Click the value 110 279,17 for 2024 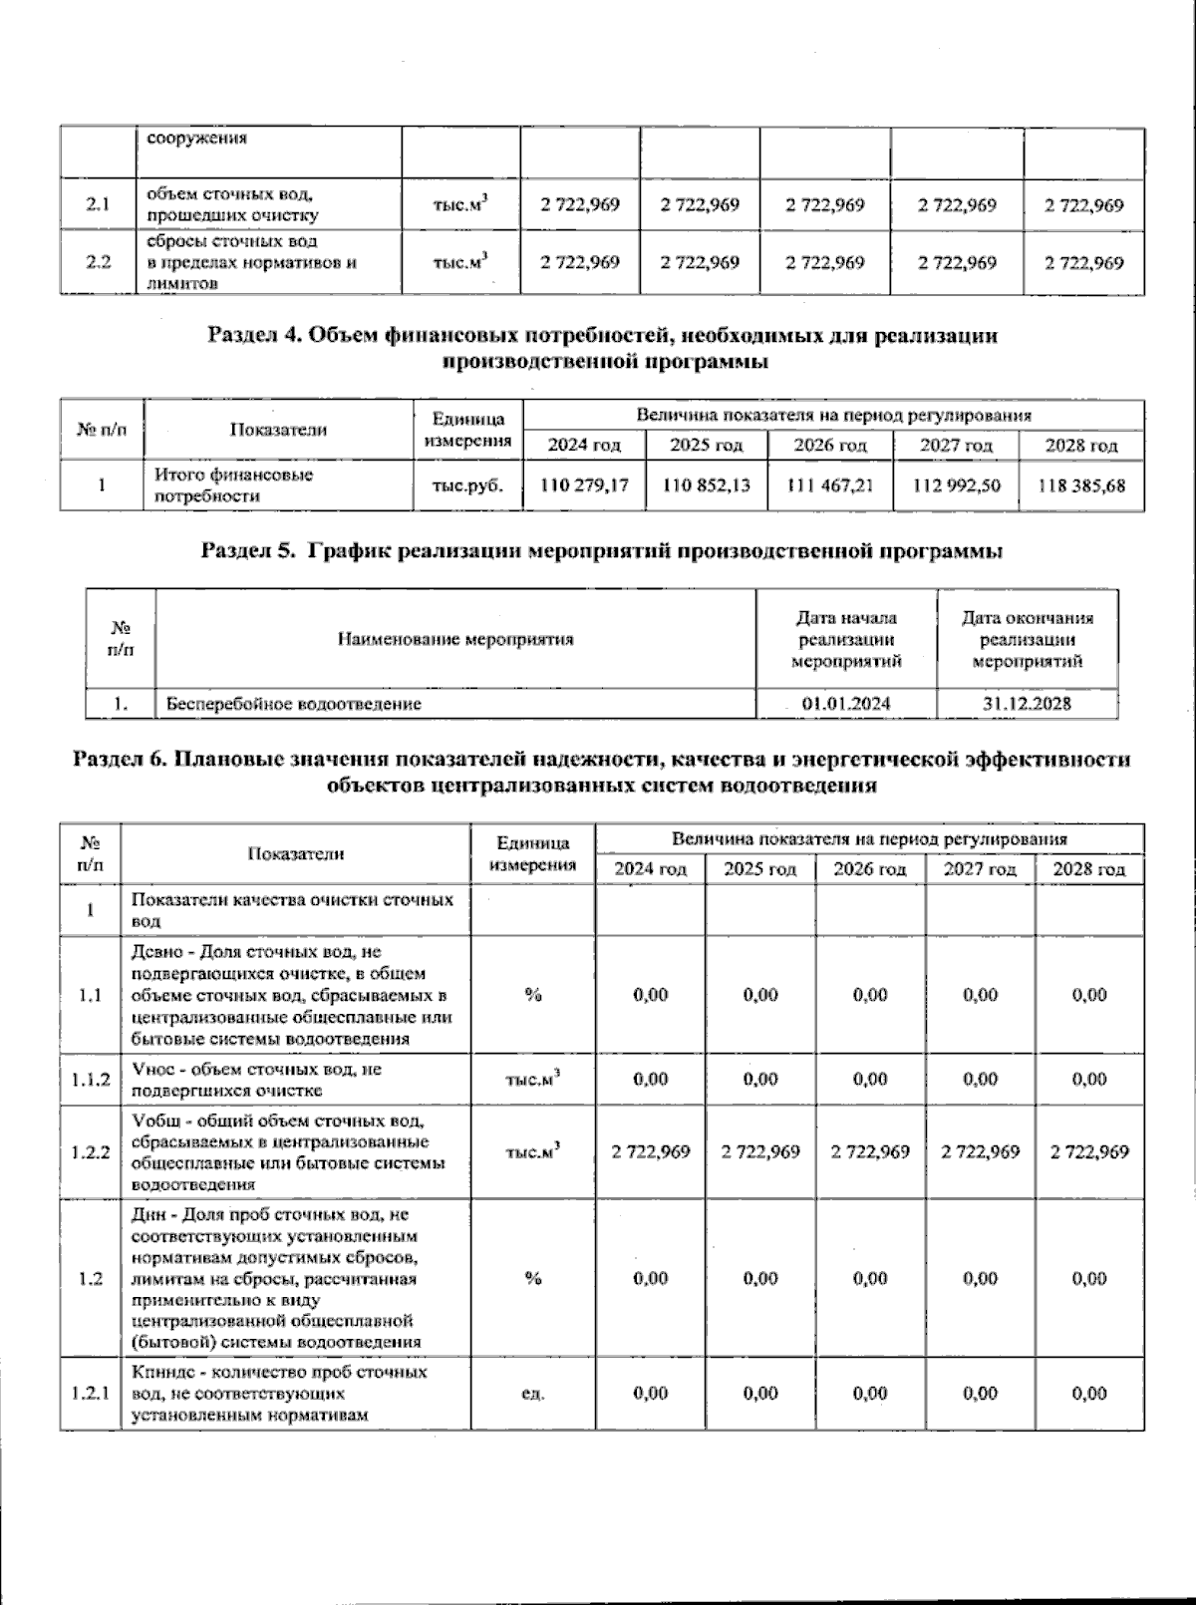[x=584, y=485]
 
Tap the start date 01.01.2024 [x=846, y=704]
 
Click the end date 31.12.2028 [x=1027, y=704]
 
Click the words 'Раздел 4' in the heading [x=254, y=336]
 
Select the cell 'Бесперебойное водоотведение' [x=294, y=704]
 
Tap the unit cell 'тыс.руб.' [x=467, y=485]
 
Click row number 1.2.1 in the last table [x=90, y=1393]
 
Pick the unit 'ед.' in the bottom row [x=532, y=1393]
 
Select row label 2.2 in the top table [x=98, y=262]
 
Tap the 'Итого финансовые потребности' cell [x=233, y=485]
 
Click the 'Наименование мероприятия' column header [x=455, y=639]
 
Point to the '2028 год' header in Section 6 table [x=1088, y=869]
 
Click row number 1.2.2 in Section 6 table [x=90, y=1151]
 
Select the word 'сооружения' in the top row [x=197, y=139]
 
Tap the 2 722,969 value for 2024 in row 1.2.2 [x=650, y=1151]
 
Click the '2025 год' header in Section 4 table [x=706, y=445]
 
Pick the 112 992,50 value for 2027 [x=957, y=485]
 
